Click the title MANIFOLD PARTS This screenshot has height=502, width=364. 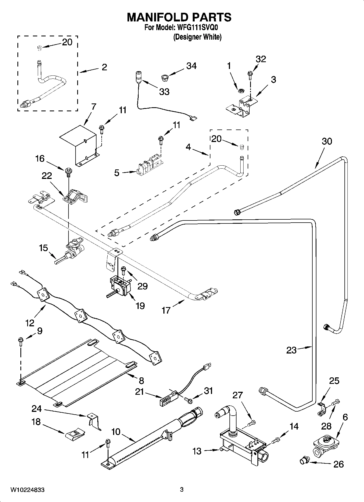coord(179,17)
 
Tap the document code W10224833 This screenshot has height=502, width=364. coord(27,490)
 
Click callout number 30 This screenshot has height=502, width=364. coord(327,141)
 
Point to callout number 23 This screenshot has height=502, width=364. coord(291,350)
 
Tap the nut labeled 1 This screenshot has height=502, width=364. coord(240,90)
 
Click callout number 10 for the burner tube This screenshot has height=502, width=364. coord(116,432)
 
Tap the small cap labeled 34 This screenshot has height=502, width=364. coord(164,78)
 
